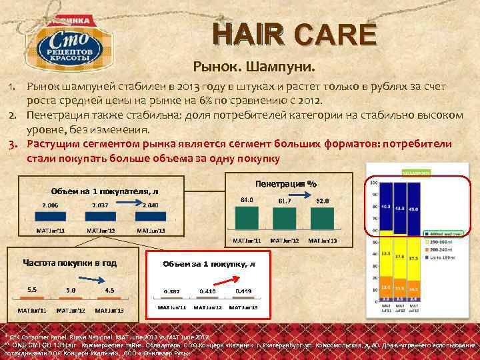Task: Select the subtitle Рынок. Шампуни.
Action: (x=254, y=67)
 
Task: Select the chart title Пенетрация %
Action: (x=286, y=183)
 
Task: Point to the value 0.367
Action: (x=172, y=291)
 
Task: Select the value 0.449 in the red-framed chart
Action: (x=244, y=291)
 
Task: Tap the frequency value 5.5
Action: (x=32, y=289)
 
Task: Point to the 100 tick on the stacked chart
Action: (x=373, y=183)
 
